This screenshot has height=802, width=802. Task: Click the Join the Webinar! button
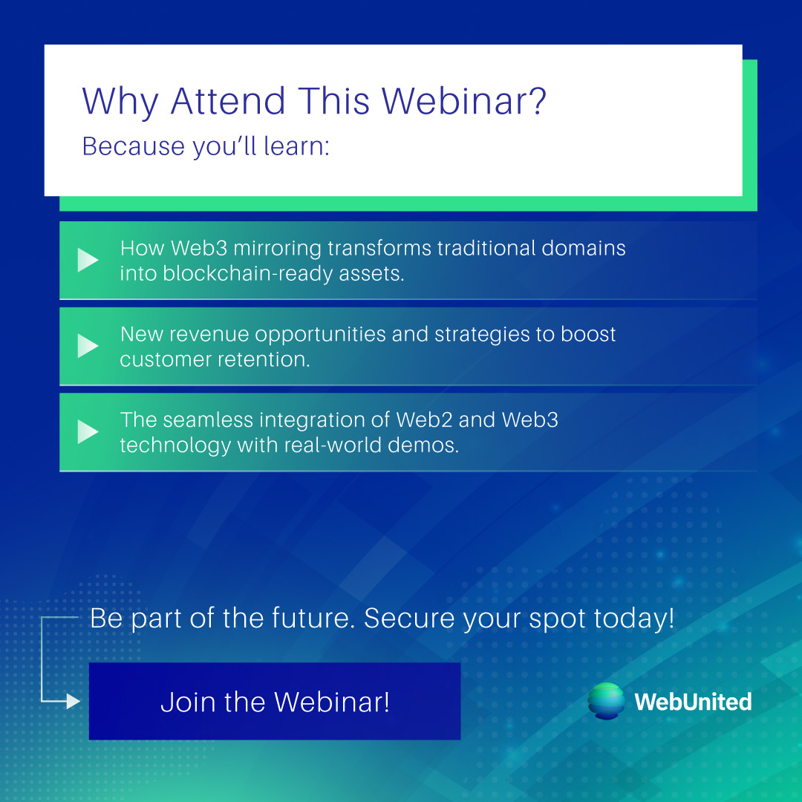[275, 702]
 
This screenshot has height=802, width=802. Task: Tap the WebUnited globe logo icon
[606, 701]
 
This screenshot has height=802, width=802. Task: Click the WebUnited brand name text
[693, 702]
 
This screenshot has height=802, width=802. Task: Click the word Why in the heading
[120, 102]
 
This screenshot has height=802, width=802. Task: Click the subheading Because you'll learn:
[206, 146]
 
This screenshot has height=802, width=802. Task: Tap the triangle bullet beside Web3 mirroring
[88, 260]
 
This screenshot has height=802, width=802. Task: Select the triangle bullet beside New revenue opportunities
[88, 346]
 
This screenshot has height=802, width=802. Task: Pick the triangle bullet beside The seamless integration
[88, 431]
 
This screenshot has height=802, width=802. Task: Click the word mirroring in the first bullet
[277, 248]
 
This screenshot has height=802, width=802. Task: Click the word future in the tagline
[305, 618]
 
